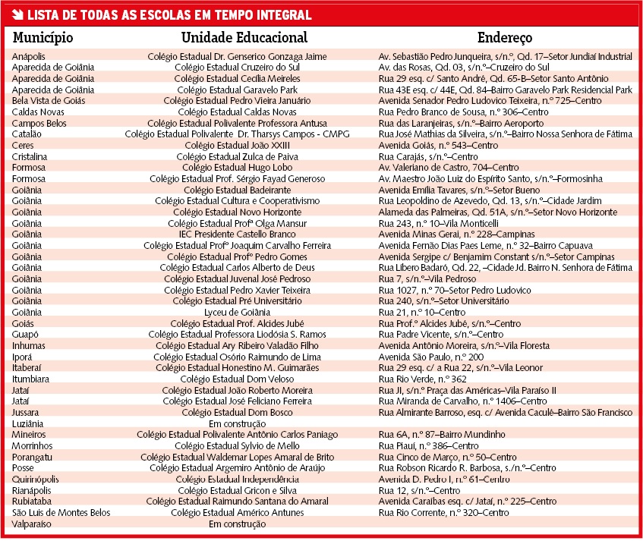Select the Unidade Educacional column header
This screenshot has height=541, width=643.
click(244, 37)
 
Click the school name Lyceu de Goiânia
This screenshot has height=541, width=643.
click(238, 312)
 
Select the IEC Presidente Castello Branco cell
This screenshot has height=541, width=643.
click(238, 234)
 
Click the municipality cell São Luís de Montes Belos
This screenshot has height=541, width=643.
click(61, 512)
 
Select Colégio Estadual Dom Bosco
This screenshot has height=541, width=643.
click(238, 412)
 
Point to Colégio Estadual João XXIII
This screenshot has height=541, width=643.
click(238, 145)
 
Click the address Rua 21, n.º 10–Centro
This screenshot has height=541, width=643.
click(422, 312)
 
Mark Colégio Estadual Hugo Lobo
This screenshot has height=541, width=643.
click(238, 167)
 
